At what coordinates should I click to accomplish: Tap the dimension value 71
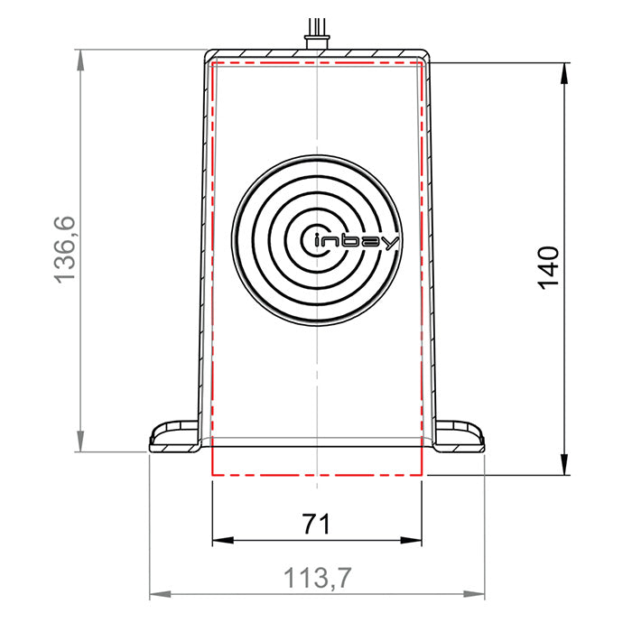(x=315, y=523)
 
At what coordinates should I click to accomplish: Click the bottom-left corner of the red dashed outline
(x=211, y=474)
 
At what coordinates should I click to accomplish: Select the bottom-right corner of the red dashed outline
(x=422, y=474)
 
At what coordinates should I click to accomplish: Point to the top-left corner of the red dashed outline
(x=211, y=63)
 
